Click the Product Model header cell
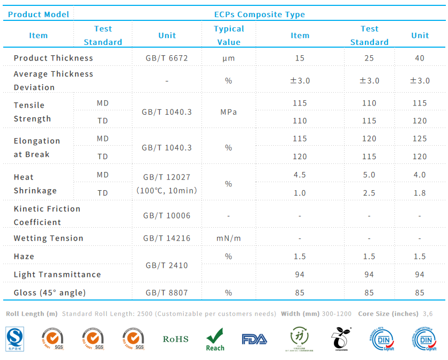[39, 14]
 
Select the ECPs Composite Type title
[259, 14]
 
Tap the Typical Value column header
[229, 35]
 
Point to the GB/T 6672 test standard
[167, 58]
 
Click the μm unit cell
[229, 58]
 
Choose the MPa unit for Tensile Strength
[229, 112]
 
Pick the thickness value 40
[420, 58]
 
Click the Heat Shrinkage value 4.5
[300, 175]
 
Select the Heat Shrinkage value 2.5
[369, 193]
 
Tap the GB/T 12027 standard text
[167, 177]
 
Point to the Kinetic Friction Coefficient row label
[47, 215]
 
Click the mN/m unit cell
[229, 238]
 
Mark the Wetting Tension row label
[48, 238]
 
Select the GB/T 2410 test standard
[167, 265]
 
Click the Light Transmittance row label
[57, 274]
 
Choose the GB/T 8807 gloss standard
[167, 292]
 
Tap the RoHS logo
[175, 339]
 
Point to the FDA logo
[254, 339]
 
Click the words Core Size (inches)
[388, 313]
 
